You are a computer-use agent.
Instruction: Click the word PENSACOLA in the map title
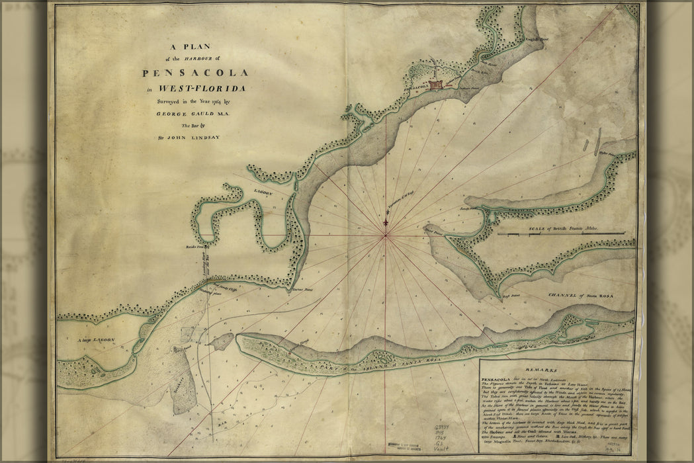coord(195,73)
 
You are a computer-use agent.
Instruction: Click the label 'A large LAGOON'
coord(97,340)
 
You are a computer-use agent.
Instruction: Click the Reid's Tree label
coord(196,247)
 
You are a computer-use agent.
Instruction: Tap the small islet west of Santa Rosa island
coord(221,341)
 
